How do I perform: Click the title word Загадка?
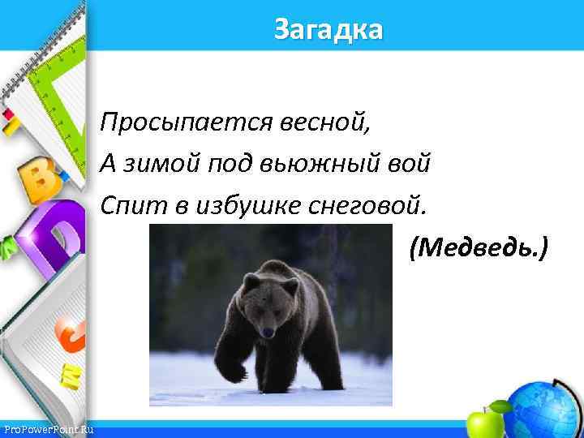tap(328, 30)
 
